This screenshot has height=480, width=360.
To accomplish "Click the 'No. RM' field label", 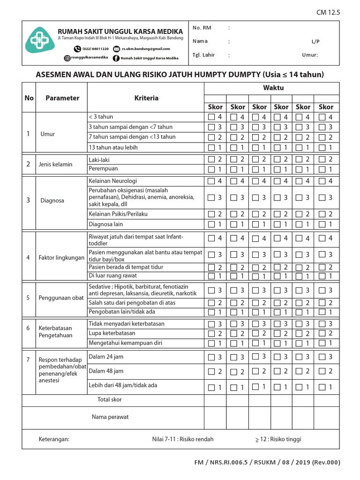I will [x=202, y=28].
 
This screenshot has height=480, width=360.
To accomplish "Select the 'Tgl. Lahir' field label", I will [x=203, y=55].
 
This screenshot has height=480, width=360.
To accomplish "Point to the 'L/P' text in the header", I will [x=315, y=41].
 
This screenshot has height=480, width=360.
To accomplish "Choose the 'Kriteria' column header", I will [x=146, y=98].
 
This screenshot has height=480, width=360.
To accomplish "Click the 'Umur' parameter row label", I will [x=48, y=134].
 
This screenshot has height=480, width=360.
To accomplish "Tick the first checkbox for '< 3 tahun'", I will [x=211, y=117].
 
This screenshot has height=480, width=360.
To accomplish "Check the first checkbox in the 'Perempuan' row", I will [x=211, y=169].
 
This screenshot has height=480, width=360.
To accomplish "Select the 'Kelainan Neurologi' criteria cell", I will [x=113, y=181].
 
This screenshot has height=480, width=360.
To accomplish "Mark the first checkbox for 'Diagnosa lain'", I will [x=211, y=225].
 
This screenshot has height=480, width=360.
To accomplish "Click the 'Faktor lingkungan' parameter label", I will [x=61, y=258].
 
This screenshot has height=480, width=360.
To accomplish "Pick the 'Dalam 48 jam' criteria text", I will [x=106, y=371].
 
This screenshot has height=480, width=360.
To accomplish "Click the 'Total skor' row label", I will [x=109, y=399].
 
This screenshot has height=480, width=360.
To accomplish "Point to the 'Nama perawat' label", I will [x=110, y=417].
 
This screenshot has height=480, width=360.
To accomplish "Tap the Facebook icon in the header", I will [x=116, y=58].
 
